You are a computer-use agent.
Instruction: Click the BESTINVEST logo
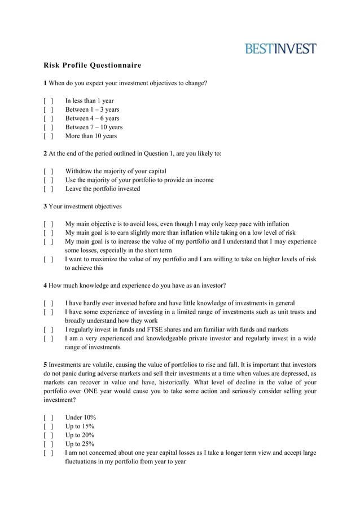[280, 49]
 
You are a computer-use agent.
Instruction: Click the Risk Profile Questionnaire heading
[93, 65]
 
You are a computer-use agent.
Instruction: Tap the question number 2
[46, 153]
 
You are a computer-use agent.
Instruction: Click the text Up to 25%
[80, 444]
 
